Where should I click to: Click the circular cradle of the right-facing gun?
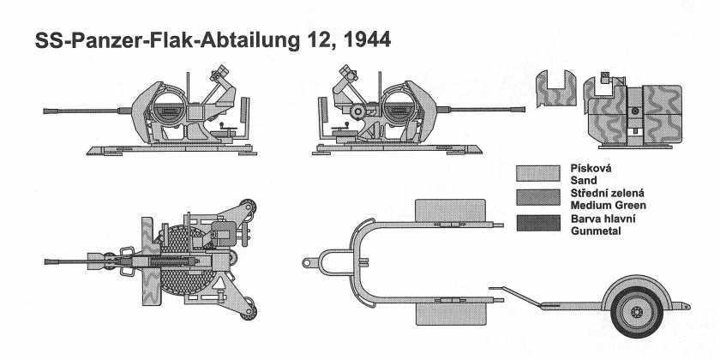(400, 106)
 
